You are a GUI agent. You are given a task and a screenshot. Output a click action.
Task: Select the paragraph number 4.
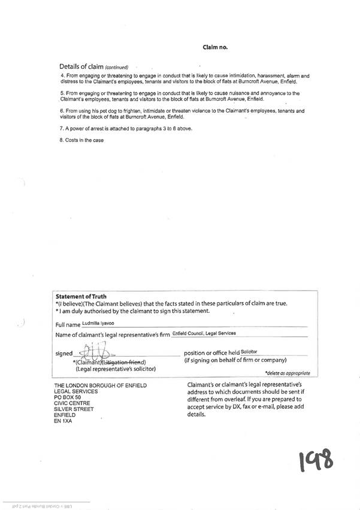(63, 76)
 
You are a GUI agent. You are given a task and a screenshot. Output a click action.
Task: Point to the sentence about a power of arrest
(126, 129)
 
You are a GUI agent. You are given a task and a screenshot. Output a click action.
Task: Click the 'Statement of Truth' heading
(81, 296)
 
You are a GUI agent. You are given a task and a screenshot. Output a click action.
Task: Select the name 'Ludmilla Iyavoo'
(98, 323)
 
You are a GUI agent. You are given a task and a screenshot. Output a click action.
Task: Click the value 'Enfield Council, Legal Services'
(204, 333)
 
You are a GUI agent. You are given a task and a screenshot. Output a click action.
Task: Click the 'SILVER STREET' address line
(75, 409)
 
